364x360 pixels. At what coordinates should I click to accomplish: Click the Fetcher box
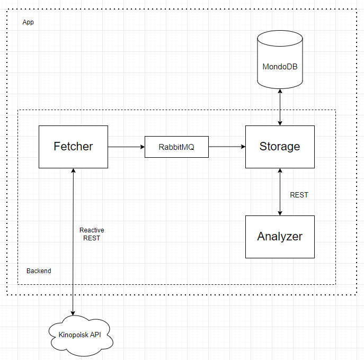tap(73, 147)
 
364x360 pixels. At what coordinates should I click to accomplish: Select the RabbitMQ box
tap(176, 147)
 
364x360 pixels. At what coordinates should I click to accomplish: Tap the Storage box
tap(280, 147)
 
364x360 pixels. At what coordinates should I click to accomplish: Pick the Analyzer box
tap(280, 237)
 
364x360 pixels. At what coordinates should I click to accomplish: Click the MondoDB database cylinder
tap(280, 60)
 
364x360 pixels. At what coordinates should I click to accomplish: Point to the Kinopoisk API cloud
tap(81, 336)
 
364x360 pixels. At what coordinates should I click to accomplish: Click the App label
tap(28, 22)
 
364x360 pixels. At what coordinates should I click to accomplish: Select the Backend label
tap(39, 271)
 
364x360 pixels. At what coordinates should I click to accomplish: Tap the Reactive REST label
tap(92, 234)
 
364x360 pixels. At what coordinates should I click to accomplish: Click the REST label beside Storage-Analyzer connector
tap(299, 195)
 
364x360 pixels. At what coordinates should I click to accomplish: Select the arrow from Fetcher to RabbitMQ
tap(126, 147)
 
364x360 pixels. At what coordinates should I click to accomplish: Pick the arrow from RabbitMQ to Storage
tap(227, 147)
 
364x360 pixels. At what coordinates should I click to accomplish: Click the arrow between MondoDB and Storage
tap(280, 107)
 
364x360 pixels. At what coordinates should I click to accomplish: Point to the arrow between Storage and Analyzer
tap(280, 192)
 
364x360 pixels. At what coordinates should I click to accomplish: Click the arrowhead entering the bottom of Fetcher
tap(73, 170)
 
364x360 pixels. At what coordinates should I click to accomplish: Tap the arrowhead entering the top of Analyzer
tap(280, 213)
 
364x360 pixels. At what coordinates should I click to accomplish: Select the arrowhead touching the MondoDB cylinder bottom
tap(280, 91)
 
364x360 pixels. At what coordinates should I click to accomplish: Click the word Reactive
tap(92, 230)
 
